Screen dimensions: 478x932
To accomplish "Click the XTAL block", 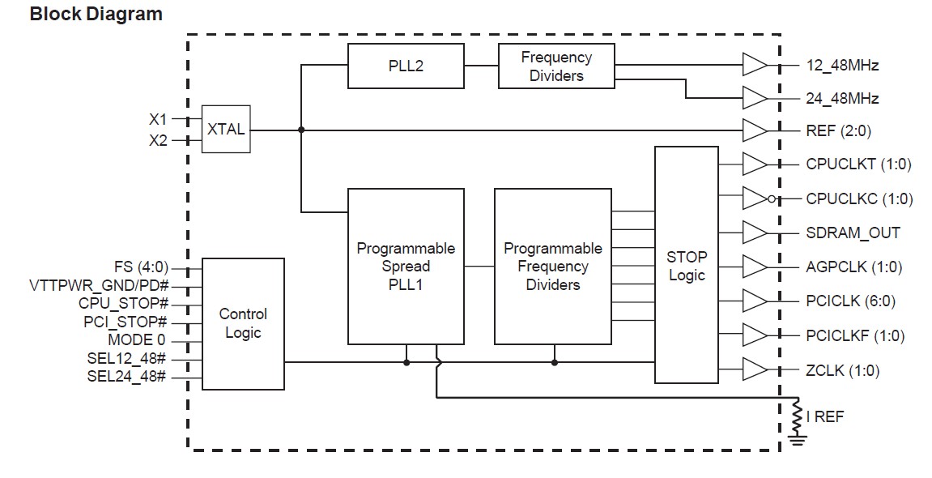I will (226, 130).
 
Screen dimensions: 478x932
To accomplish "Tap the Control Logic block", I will (243, 323).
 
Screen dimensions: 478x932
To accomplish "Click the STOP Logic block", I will (686, 265).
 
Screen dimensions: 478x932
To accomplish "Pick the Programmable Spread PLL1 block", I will (406, 266).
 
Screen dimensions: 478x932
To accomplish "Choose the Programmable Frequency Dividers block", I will (553, 266).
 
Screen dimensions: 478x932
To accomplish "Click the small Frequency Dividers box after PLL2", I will (556, 66).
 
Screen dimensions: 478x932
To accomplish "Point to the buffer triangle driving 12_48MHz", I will (754, 66).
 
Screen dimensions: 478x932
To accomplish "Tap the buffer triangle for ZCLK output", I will (754, 370).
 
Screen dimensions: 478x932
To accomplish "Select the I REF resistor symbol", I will (797, 416).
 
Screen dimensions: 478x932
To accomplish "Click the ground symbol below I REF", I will (797, 440).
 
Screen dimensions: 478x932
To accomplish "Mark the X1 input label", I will (157, 118).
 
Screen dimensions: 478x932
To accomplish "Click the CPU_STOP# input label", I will (123, 304).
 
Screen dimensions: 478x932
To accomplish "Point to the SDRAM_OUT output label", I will (853, 233).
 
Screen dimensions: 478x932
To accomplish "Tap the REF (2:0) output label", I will (838, 130).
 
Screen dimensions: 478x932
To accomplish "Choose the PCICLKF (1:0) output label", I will (855, 335).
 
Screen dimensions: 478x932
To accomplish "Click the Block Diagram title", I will (96, 15).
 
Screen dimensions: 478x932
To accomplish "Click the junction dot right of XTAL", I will (301, 130).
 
